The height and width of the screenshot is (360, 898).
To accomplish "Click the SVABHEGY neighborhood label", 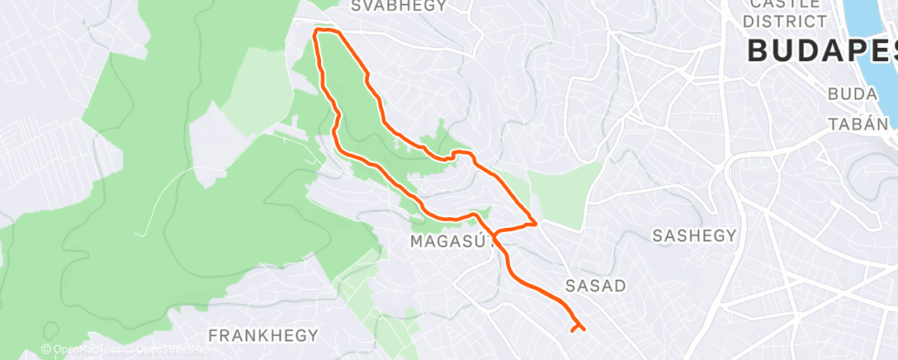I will coord(398,6).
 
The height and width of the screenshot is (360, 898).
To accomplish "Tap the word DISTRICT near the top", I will coord(784,21).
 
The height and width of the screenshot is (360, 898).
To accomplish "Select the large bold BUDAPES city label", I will coord(821,50).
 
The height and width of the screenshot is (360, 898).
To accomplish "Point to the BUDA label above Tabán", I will coord(853,95).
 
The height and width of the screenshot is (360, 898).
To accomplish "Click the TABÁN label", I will coord(859,124).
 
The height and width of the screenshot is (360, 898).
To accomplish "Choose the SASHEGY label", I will coord(694,235).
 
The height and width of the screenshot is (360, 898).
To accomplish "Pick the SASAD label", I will coord(596,286).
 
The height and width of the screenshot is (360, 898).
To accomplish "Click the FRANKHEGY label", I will coord(263,335).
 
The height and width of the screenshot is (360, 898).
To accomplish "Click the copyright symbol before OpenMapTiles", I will coord(46,349).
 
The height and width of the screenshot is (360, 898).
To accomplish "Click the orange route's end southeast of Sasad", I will coord(572,331).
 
